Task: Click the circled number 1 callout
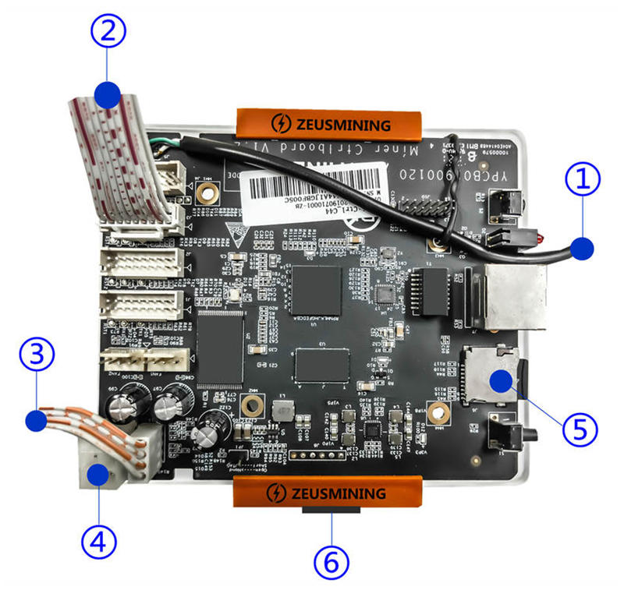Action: [x=583, y=182]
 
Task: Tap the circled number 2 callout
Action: [x=108, y=31]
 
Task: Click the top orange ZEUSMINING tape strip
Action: [x=329, y=123]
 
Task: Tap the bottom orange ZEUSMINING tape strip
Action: [x=328, y=493]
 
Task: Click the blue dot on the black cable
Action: [x=582, y=249]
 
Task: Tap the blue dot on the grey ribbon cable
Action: [x=108, y=95]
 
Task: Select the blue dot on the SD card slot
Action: [x=500, y=381]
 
